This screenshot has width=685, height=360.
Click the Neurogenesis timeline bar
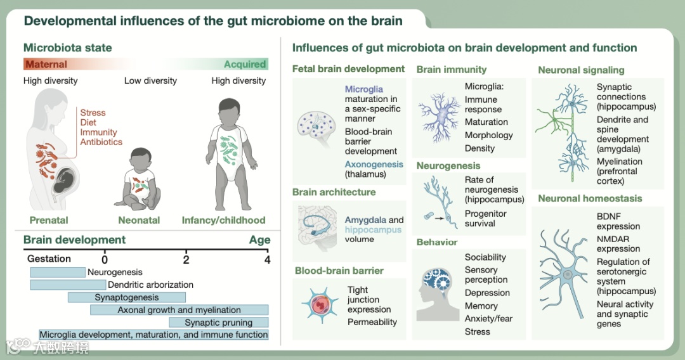coord(58,272)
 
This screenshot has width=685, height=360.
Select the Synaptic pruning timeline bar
coord(218,323)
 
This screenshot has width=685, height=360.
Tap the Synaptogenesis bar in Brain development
coord(127,297)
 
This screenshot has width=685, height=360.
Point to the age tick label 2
coord(186,259)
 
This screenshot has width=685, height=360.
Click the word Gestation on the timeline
coord(49,259)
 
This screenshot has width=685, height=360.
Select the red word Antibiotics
coord(101,142)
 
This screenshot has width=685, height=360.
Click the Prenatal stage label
coord(49,221)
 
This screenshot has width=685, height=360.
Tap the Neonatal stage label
coord(139,221)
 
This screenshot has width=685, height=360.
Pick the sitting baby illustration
coord(140,181)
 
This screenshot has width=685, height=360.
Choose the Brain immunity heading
coord(451,69)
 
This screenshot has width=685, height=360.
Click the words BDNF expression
coord(618,221)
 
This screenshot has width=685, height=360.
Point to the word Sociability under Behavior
coord(485,257)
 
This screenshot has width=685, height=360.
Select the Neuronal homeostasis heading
coord(590,198)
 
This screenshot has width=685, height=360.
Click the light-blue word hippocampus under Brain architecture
coord(373,229)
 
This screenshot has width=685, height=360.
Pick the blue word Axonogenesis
coord(374,164)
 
